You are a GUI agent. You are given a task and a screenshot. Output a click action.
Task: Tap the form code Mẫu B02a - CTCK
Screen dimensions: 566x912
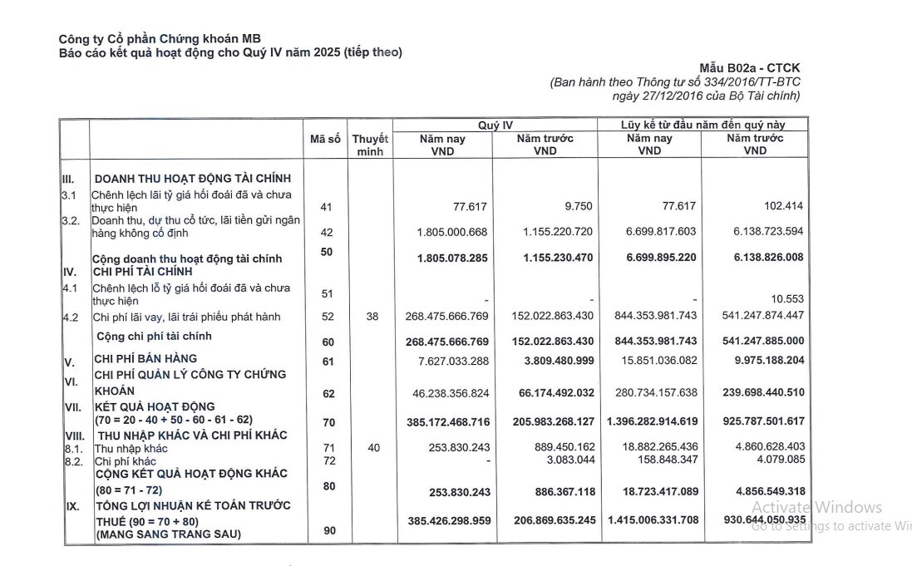751,68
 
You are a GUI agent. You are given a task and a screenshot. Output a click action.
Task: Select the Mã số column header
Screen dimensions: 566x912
325,140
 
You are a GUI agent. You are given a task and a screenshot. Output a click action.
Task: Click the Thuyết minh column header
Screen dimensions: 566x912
370,145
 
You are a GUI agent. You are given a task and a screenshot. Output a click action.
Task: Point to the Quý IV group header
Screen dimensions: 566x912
495,125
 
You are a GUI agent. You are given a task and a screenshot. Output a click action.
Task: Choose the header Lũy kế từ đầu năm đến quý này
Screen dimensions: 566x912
702,125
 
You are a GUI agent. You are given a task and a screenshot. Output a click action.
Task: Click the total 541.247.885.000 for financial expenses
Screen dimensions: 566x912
755,341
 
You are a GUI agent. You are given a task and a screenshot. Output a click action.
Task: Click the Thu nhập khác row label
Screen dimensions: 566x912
131,449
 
